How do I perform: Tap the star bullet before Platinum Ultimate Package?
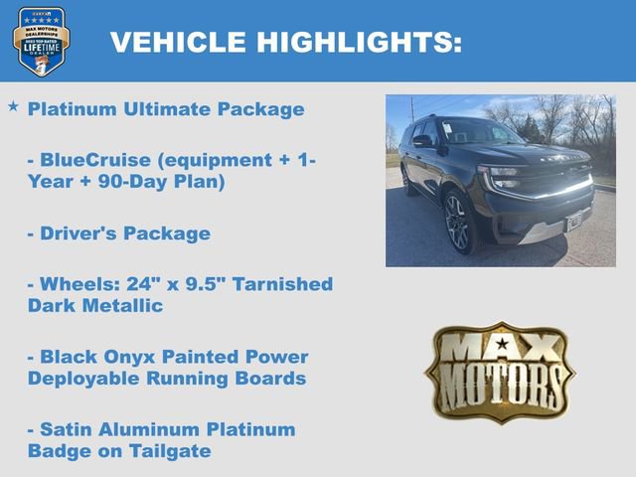click(13, 105)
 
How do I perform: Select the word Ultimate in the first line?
click(162, 109)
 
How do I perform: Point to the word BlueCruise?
click(92, 159)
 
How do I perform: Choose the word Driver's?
click(79, 234)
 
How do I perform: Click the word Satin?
click(68, 429)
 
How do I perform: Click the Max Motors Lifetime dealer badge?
click(41, 42)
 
